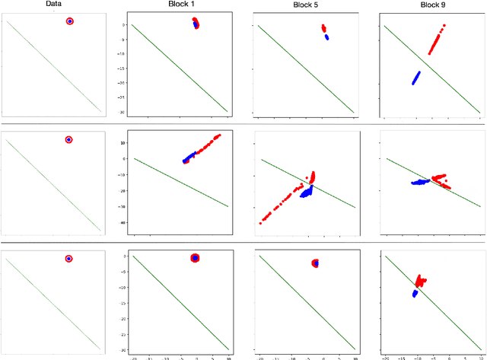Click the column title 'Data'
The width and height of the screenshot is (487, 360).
53,5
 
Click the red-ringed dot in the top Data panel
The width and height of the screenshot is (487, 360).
70,21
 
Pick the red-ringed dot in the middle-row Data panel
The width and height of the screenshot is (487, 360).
68,140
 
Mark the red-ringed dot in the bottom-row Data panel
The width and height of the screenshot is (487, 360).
68,259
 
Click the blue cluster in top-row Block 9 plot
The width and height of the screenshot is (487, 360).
416,78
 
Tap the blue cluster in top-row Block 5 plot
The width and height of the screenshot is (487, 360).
326,36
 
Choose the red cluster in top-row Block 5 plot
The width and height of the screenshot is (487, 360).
323,28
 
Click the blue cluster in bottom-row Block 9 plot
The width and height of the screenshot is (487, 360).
415,293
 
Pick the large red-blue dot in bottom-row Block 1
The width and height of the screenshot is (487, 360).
195,259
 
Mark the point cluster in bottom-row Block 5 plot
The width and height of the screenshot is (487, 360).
316,263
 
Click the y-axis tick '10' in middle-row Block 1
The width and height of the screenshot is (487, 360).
122,142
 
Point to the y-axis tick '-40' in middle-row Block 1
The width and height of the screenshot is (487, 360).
121,223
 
